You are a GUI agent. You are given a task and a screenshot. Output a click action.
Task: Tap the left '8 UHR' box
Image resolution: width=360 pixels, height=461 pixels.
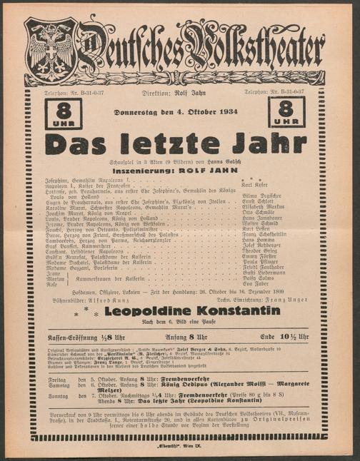point(63,112)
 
